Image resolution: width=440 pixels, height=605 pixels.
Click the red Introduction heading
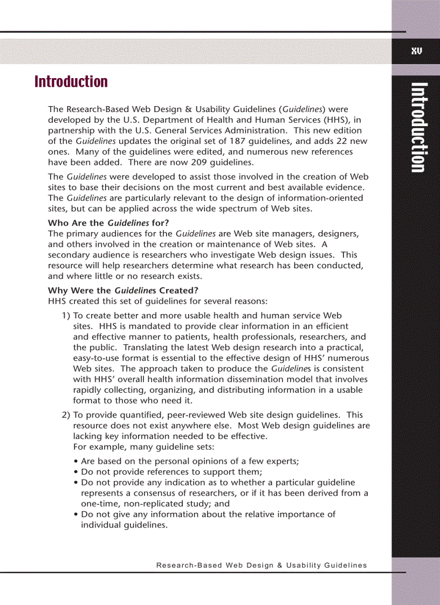[71, 82]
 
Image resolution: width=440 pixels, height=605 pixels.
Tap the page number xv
[416, 51]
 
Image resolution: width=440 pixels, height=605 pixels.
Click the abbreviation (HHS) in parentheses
[338, 120]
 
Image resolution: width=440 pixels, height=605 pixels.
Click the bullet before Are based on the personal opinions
[75, 462]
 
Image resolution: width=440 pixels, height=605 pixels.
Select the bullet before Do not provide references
[75, 472]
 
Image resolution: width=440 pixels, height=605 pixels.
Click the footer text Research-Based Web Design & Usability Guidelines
[262, 565]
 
